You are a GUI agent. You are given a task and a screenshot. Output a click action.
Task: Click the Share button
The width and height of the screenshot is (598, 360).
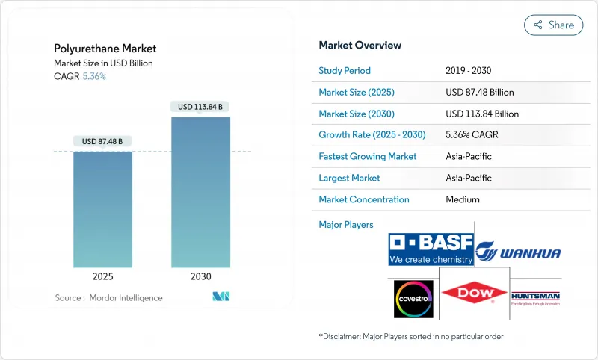(x=554, y=25)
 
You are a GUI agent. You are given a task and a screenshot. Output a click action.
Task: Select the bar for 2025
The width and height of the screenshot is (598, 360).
(x=102, y=209)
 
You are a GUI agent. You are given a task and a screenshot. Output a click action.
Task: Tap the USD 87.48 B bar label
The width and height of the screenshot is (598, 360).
(x=102, y=141)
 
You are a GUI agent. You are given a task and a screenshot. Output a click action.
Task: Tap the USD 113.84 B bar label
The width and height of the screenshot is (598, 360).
(x=200, y=106)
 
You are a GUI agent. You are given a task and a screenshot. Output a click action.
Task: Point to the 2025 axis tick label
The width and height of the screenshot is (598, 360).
(x=102, y=276)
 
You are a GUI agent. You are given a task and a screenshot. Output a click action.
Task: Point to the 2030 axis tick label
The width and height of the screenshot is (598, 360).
(x=200, y=276)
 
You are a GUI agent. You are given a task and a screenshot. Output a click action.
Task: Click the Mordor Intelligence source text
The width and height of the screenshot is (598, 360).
(x=108, y=297)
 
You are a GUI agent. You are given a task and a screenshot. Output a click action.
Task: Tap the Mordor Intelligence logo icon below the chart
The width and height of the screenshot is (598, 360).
(x=221, y=297)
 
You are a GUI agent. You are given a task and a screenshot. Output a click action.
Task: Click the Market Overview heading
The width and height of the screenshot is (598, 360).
(x=360, y=46)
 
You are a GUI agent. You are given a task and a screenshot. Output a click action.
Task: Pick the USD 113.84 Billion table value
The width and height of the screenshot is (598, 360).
(x=481, y=114)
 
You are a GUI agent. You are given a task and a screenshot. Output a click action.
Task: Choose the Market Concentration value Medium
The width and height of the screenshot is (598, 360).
(x=462, y=199)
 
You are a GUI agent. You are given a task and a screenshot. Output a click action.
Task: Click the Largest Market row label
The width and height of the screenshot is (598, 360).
(x=349, y=178)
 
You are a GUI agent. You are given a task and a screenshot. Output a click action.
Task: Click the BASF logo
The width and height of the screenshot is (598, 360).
(x=431, y=249)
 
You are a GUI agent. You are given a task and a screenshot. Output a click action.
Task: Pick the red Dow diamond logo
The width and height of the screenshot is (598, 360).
(x=472, y=294)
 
